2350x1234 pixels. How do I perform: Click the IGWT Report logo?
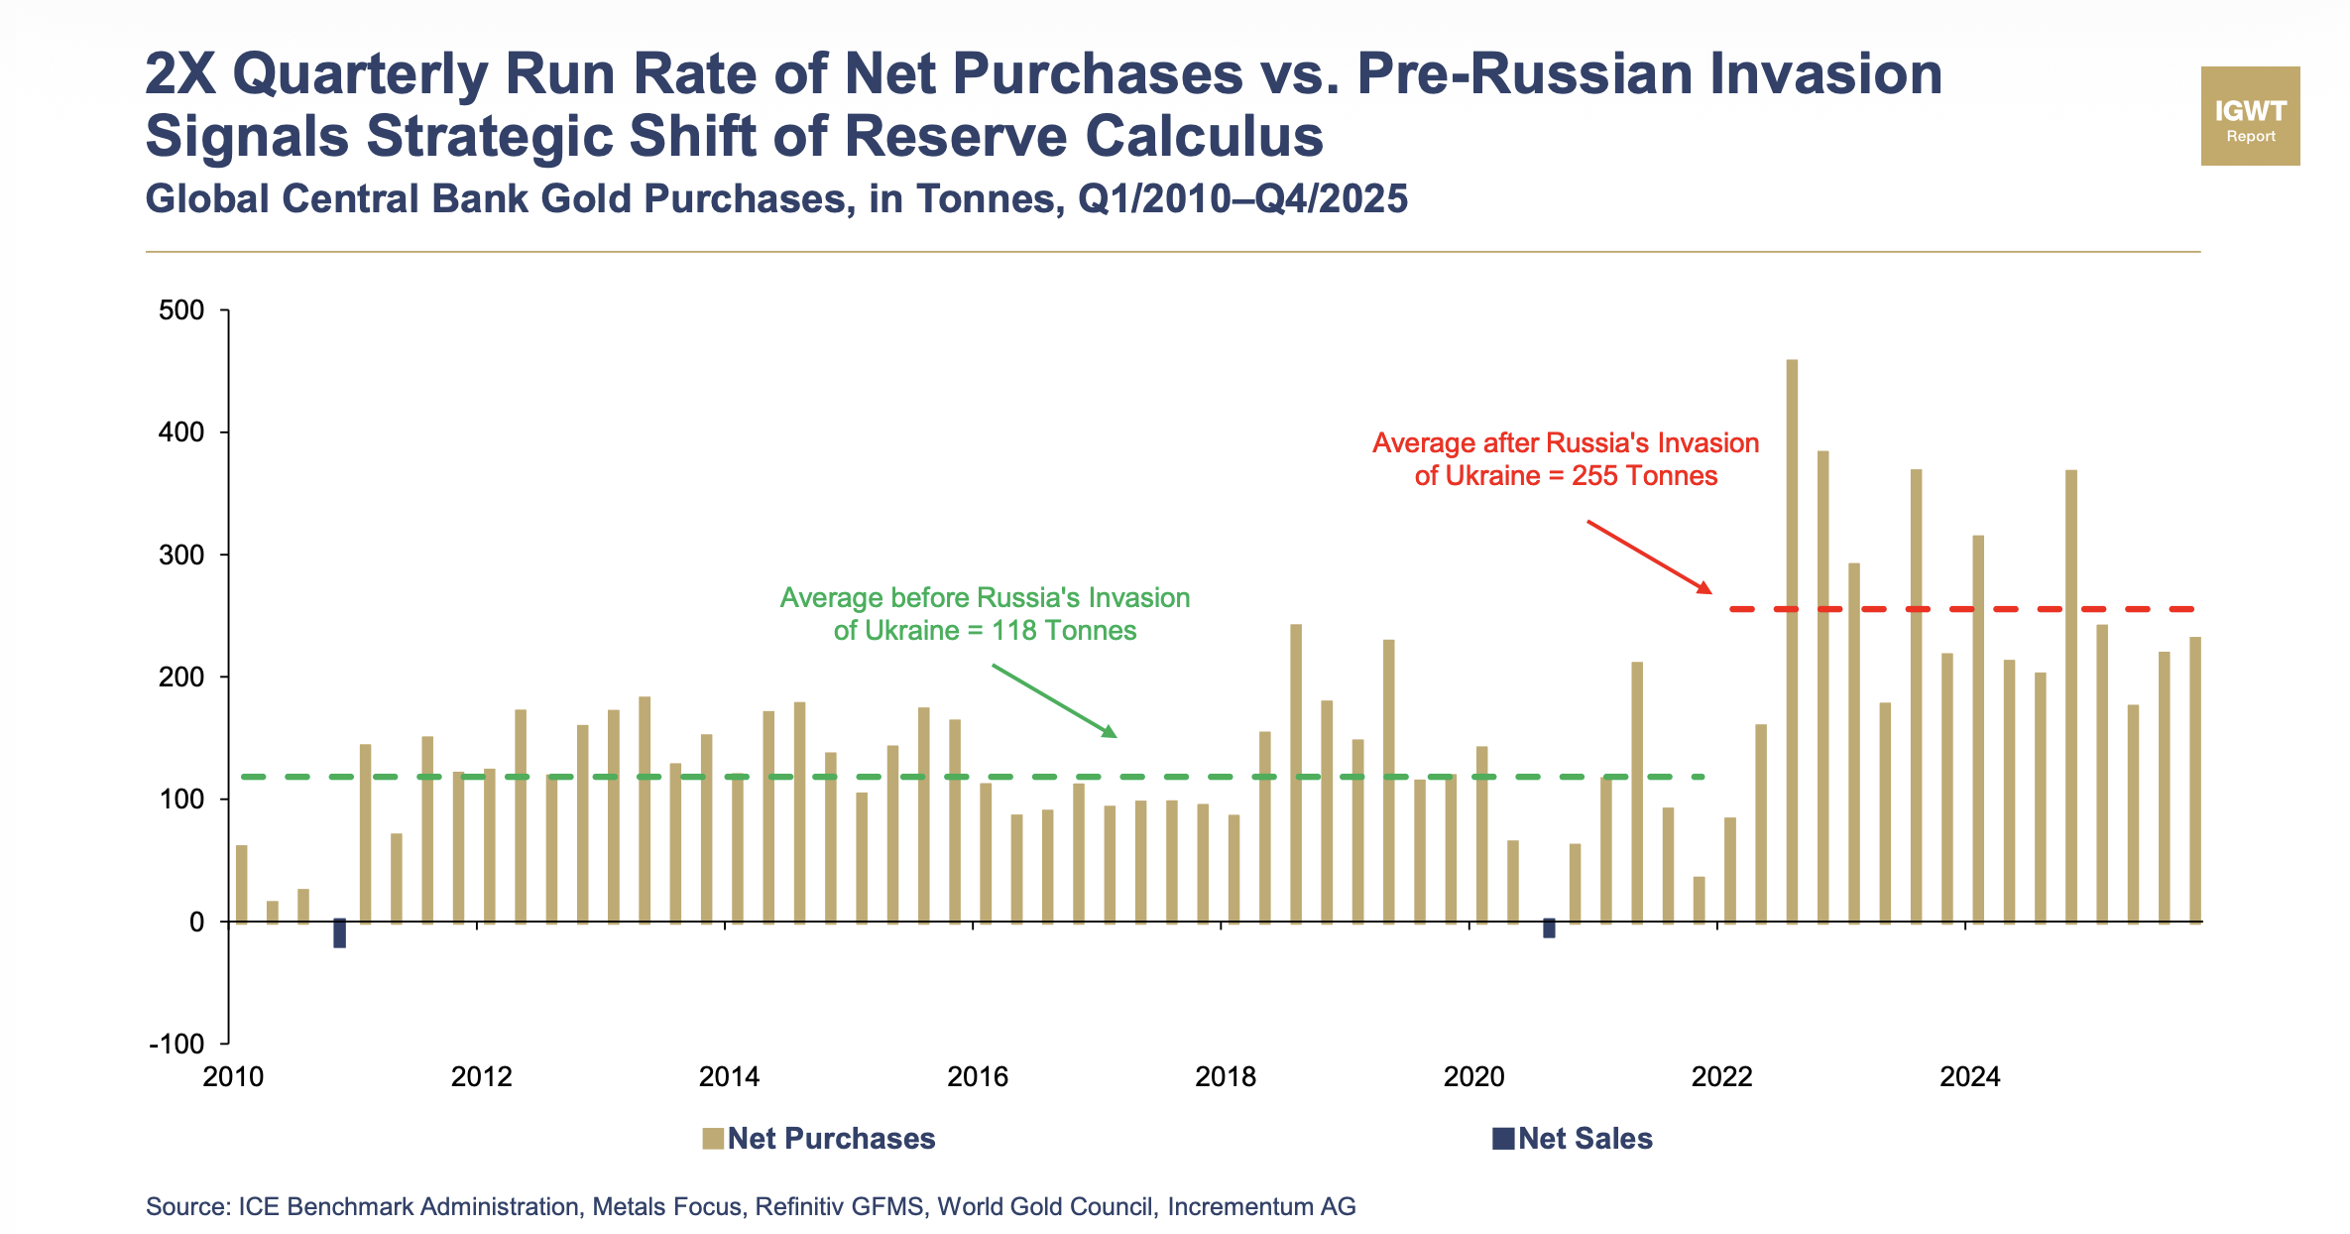click(2250, 116)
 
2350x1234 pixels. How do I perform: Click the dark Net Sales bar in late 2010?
click(340, 933)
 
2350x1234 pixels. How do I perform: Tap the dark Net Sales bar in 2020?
click(1549, 928)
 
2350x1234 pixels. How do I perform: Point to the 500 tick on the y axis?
click(181, 310)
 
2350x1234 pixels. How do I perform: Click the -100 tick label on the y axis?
click(176, 1045)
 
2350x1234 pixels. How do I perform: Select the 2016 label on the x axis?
click(977, 1077)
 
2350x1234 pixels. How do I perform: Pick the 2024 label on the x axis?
click(1969, 1077)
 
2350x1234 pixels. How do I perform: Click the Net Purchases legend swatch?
click(712, 1139)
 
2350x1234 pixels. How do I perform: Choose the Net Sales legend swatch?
click(1503, 1139)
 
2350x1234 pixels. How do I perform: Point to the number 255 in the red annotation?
click(1593, 476)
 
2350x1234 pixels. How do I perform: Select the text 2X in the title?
click(180, 73)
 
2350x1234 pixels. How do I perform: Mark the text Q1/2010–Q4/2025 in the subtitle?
click(1242, 199)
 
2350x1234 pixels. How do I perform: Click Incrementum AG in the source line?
click(1261, 1207)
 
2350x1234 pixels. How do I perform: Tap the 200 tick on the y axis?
click(181, 678)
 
